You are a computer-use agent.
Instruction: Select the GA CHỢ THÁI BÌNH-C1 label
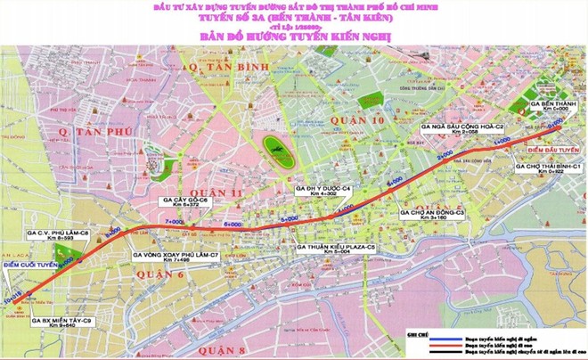pyautogui.click(x=550, y=168)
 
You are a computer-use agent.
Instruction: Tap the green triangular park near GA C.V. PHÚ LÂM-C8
pyautogui.click(x=81, y=258)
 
